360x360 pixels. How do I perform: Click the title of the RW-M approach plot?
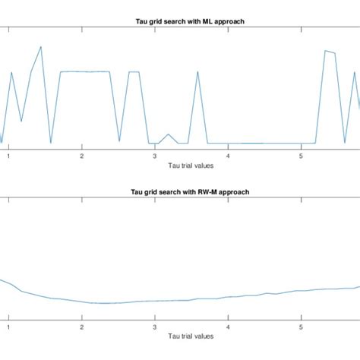pyautogui.click(x=179, y=192)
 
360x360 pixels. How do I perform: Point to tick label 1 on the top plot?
pyautogui.click(x=8, y=156)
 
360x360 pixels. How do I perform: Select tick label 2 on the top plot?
pyautogui.click(x=81, y=156)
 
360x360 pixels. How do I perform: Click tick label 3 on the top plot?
pyautogui.click(x=154, y=156)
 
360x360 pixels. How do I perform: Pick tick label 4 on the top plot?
pyautogui.click(x=227, y=156)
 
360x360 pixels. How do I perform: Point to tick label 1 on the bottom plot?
pyautogui.click(x=8, y=327)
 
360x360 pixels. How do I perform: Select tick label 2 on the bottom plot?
pyautogui.click(x=81, y=327)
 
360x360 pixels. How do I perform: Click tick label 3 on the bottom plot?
pyautogui.click(x=154, y=327)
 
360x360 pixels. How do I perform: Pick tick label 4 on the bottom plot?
pyautogui.click(x=227, y=327)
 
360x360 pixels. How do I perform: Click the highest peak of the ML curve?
pyautogui.click(x=41, y=47)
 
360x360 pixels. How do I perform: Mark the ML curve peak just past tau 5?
pyautogui.click(x=325, y=51)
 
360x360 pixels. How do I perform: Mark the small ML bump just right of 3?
pyautogui.click(x=167, y=136)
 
